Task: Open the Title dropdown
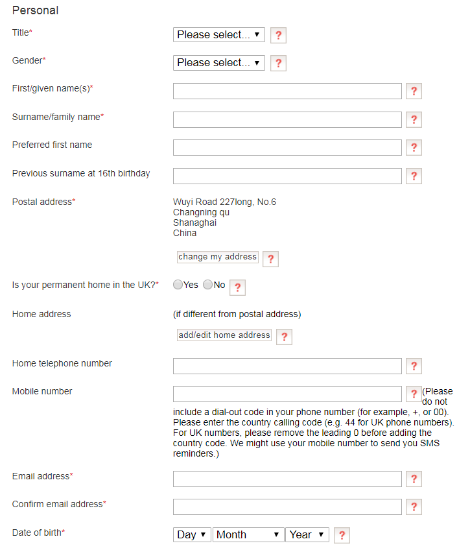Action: tap(218, 34)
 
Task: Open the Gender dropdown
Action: tap(218, 62)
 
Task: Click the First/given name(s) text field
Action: tap(287, 91)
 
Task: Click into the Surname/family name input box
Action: tap(287, 119)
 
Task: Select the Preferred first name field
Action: tap(287, 147)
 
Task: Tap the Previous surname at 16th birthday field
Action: tap(287, 176)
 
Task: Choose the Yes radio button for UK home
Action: tap(178, 285)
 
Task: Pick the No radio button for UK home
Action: tap(207, 285)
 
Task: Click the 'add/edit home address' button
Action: tap(224, 335)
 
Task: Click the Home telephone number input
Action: tap(287, 366)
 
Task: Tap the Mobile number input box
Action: tap(287, 394)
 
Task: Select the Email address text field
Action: tap(287, 479)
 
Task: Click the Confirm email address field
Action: tap(287, 507)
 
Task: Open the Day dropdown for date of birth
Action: tap(192, 534)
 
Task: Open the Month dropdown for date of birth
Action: tap(248, 534)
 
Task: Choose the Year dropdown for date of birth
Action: tap(307, 534)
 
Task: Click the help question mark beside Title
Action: tap(278, 35)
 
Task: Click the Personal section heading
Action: tap(35, 10)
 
